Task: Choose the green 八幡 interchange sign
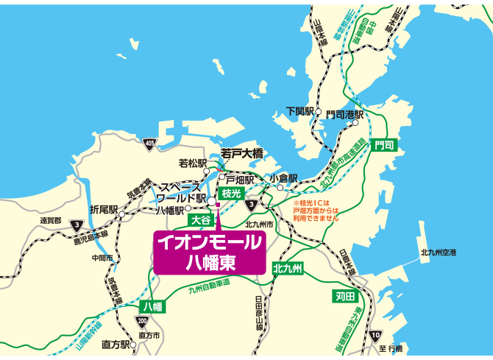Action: click(x=153, y=306)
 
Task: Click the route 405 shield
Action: click(x=150, y=143)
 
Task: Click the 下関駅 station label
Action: click(x=300, y=111)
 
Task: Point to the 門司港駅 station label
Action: click(x=345, y=114)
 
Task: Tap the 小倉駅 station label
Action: click(x=283, y=178)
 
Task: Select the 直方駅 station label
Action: click(x=116, y=344)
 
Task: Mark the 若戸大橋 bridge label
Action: click(x=242, y=153)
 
